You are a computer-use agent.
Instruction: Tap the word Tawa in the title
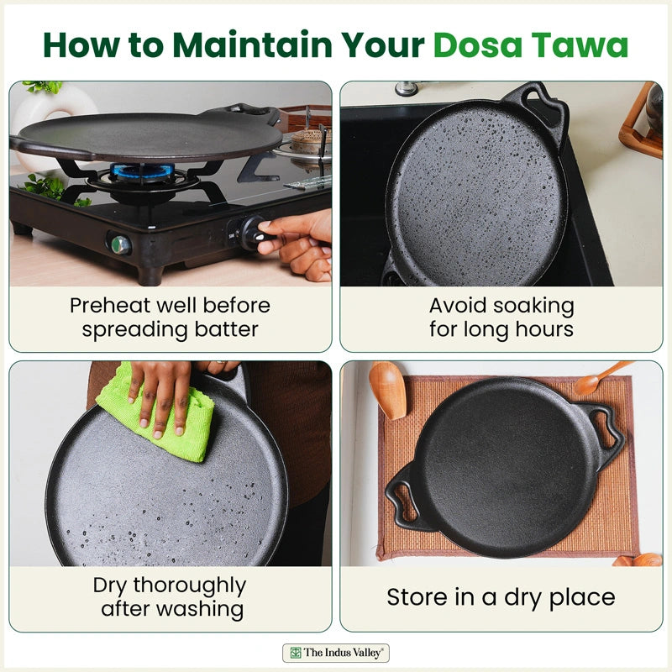(586, 45)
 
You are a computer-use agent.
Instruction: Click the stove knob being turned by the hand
(249, 232)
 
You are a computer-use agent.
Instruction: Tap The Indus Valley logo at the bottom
(336, 652)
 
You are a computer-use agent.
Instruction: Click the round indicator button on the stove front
(119, 244)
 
